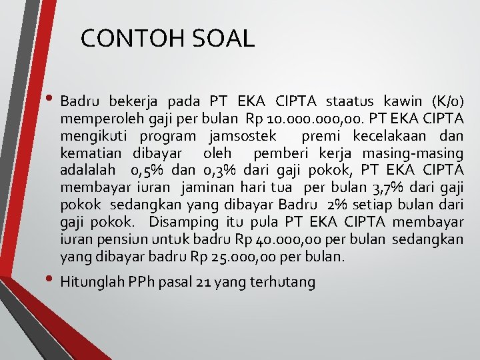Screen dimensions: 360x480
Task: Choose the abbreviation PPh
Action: tap(143, 283)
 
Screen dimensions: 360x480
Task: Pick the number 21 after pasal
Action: tap(205, 283)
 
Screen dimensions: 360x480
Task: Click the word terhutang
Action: tap(282, 283)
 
